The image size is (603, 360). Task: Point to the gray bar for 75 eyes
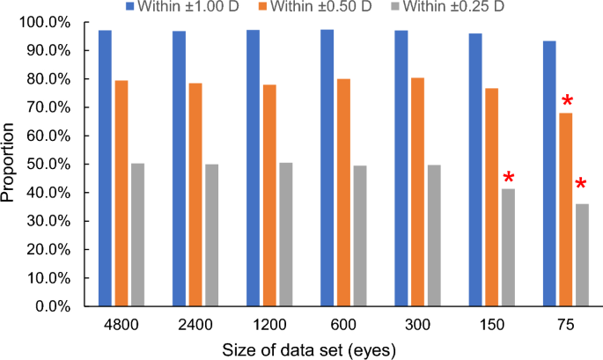583,255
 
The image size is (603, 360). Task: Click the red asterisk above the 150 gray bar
509,179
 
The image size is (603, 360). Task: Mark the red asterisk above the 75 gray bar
581,185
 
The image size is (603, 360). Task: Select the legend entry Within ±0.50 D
396,8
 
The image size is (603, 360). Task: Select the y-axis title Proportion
11,165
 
